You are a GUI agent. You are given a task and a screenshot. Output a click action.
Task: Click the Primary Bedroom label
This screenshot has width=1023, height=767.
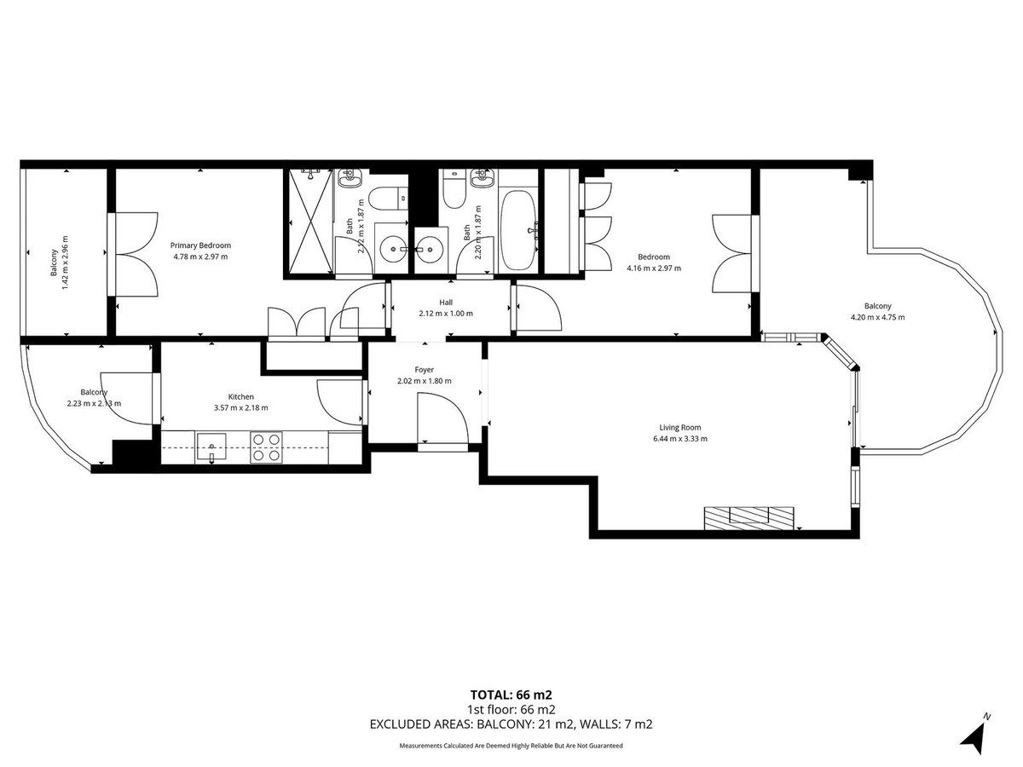click(200, 245)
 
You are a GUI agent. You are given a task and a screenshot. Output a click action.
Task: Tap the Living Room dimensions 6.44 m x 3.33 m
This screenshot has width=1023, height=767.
click(679, 439)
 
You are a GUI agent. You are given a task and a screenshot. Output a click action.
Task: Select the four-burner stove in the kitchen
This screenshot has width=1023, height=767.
click(267, 447)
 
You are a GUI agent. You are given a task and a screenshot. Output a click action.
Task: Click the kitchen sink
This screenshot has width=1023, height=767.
click(211, 445)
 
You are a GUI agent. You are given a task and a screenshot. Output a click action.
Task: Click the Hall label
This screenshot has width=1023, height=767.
click(446, 303)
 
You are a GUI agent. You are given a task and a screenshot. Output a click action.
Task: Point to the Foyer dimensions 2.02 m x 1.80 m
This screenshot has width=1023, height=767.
click(425, 381)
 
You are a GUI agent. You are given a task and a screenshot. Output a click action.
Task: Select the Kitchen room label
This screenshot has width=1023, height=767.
click(241, 396)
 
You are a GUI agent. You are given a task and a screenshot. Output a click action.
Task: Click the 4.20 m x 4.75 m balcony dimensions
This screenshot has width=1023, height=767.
click(877, 317)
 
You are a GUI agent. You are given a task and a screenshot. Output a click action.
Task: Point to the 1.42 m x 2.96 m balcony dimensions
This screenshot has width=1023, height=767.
click(65, 262)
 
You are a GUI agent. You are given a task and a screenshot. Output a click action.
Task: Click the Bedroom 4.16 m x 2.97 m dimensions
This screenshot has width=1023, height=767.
click(654, 268)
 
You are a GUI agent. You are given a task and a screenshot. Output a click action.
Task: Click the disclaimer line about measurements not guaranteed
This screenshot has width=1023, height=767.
click(511, 746)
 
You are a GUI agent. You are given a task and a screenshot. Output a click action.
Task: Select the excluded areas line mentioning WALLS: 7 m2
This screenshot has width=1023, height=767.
click(511, 724)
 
